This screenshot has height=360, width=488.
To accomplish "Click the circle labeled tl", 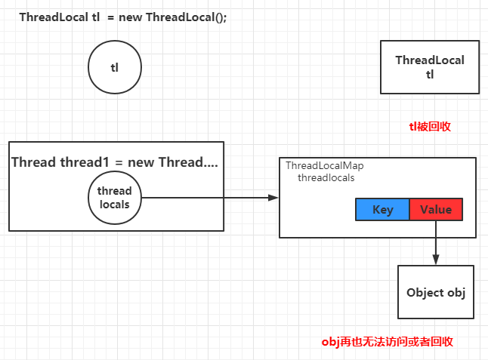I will tap(115, 67).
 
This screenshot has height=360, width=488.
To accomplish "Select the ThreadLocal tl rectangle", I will tap(430, 67).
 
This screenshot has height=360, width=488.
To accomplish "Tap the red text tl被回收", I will tap(430, 126).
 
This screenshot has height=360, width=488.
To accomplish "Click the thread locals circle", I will tap(115, 198).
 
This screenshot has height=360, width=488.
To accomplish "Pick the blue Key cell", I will tap(382, 210).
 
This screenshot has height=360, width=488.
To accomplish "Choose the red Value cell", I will tap(435, 210).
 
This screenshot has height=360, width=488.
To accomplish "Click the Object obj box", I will tap(436, 292).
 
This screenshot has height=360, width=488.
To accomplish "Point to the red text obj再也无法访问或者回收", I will tap(388, 342).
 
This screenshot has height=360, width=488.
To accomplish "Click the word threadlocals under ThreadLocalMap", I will tap(326, 178).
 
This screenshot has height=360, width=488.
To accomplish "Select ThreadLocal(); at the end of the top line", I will tap(186, 17).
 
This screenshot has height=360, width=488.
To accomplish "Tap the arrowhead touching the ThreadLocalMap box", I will tap(273, 198).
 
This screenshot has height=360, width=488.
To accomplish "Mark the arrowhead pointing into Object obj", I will tap(436, 260).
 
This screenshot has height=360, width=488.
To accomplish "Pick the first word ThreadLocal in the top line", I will tap(50, 17).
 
